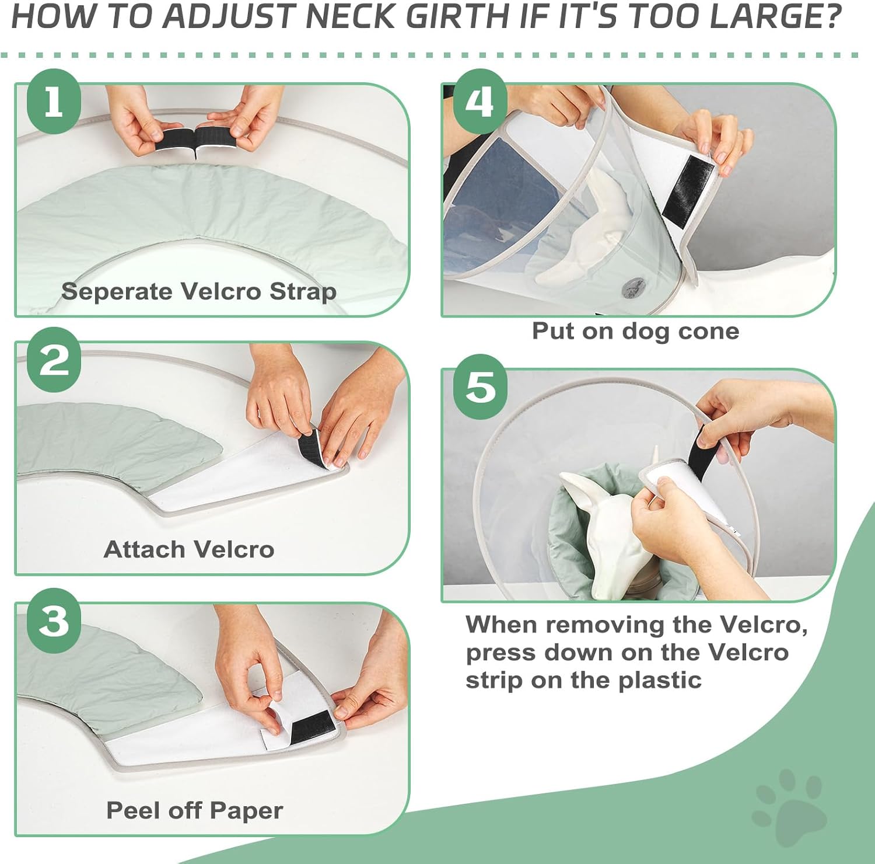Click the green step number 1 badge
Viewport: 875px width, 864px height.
(x=54, y=102)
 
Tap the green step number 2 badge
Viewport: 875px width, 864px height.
(x=54, y=360)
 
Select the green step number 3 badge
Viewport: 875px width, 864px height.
(x=54, y=621)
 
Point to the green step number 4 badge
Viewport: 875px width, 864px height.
(x=480, y=102)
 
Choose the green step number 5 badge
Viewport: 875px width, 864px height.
(x=480, y=386)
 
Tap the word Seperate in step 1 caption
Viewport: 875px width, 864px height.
(x=117, y=292)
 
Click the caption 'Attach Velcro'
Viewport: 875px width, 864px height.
(x=189, y=549)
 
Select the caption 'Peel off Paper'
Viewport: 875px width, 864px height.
(x=195, y=810)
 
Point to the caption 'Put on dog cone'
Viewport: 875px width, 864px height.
(x=636, y=331)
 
